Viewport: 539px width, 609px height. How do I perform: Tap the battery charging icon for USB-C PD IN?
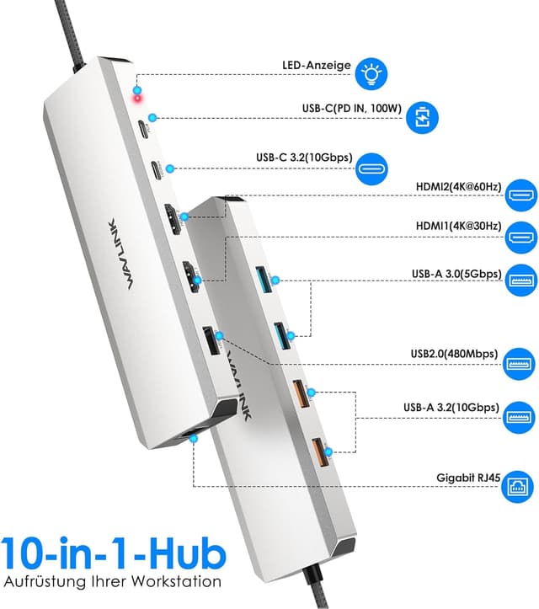coord(423,118)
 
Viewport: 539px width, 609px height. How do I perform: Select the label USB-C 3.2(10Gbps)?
coord(303,157)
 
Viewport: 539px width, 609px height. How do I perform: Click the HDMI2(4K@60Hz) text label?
coord(459,186)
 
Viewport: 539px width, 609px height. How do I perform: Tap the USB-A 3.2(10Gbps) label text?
coord(451,407)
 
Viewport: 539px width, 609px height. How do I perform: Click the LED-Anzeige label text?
coord(316,64)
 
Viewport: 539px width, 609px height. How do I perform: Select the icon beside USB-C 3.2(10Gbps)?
coord(371,166)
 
